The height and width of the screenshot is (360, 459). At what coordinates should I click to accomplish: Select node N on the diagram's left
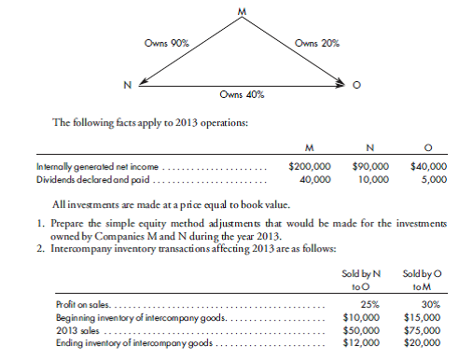[128, 86]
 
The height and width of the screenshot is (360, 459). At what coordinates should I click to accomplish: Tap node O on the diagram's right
[355, 87]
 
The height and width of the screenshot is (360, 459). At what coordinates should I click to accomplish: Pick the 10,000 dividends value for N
[373, 177]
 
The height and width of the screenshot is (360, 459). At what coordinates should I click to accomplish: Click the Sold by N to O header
[360, 283]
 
